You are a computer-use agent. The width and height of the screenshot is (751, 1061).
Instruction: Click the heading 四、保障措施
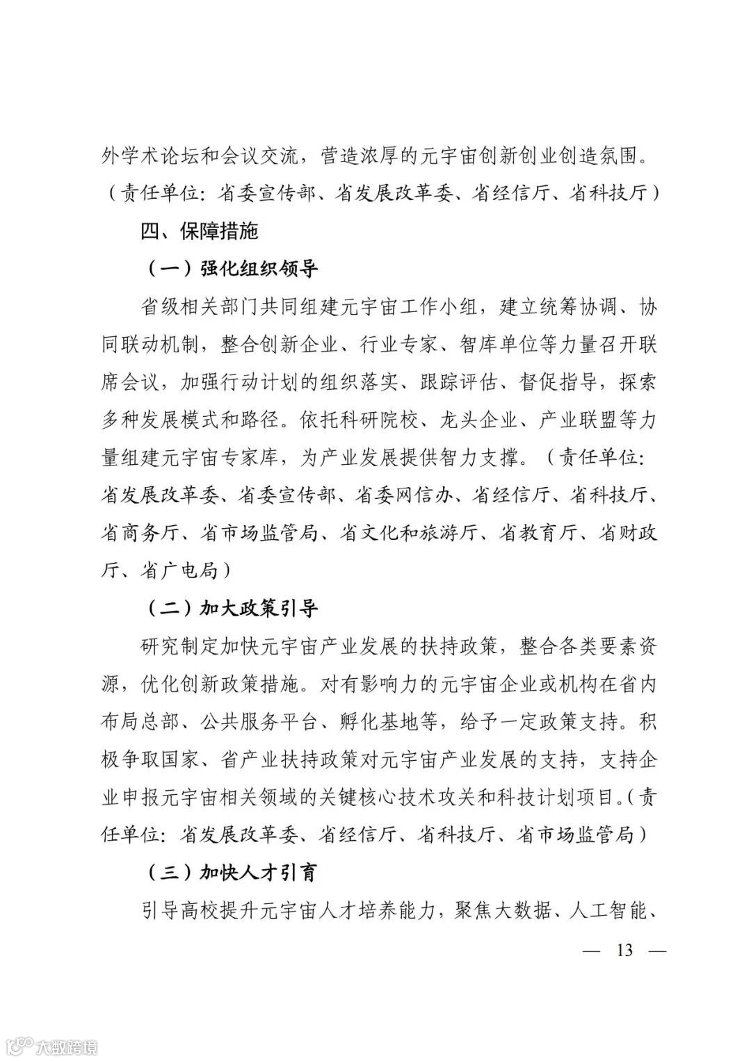point(199,231)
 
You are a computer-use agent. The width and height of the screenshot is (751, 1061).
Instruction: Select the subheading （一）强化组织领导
point(233,269)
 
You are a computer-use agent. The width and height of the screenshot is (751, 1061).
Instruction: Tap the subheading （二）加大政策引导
point(233,609)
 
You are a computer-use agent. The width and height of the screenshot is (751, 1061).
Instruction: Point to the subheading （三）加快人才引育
point(233,872)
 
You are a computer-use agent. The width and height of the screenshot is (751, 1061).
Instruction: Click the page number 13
point(624,949)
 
